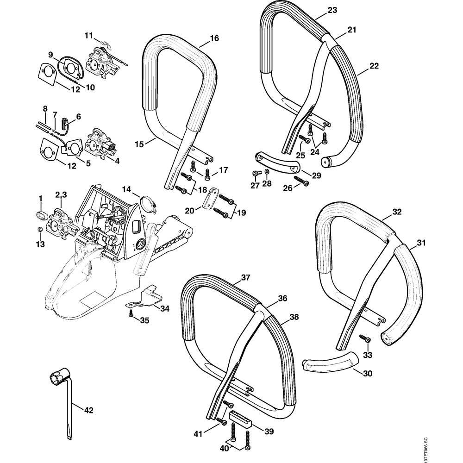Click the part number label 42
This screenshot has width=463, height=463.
[x=89, y=410]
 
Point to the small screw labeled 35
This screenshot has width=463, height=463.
[x=131, y=314]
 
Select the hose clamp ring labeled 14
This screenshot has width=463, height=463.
[x=145, y=205]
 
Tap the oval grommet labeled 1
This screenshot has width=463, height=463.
[x=40, y=215]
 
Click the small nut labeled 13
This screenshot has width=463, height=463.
[x=40, y=231]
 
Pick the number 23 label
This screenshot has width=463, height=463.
[x=332, y=10]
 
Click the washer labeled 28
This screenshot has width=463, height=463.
[x=267, y=173]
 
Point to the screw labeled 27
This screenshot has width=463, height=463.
[x=255, y=173]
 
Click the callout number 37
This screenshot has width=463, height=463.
[x=245, y=278]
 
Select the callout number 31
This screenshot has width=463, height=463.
[x=420, y=242]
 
